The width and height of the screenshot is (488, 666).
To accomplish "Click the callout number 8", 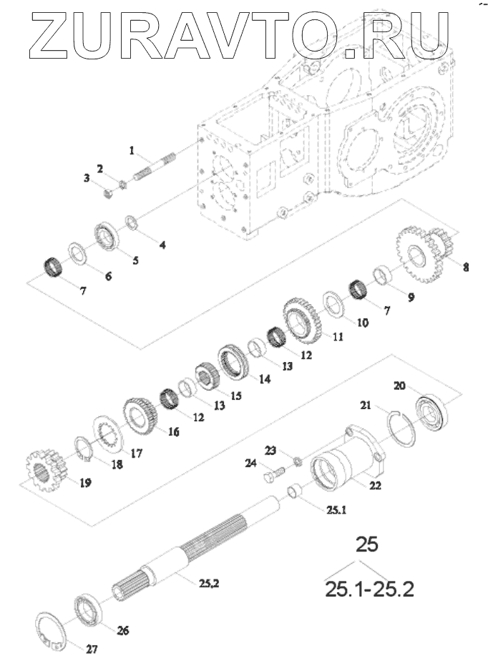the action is [x=466, y=267].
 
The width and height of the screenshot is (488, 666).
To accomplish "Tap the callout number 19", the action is [x=85, y=483].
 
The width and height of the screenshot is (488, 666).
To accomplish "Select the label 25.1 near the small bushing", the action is [x=336, y=509].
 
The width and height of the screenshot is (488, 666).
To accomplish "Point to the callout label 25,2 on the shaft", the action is [x=208, y=584].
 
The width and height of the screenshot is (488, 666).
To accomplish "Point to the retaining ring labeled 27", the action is [x=51, y=630].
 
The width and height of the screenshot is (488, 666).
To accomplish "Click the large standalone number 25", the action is [x=367, y=544].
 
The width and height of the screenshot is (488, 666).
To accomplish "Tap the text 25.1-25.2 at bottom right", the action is [x=369, y=589].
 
